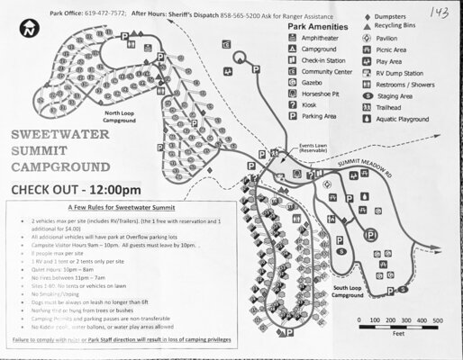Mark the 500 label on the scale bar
[439, 320]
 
